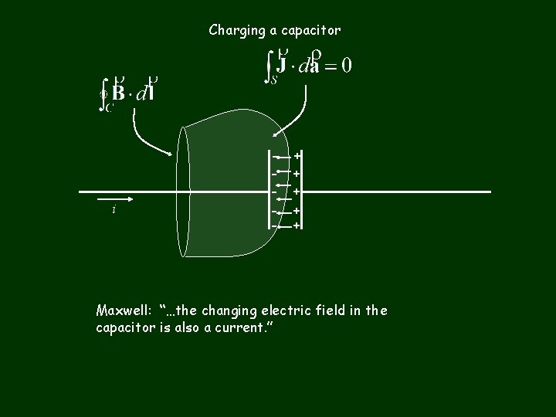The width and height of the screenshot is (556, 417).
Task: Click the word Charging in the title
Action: coord(233,31)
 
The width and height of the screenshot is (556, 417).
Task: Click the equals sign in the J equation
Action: coord(328,66)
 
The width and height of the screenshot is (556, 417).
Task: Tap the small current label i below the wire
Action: coord(114,210)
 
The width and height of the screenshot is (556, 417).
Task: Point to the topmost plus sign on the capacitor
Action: coord(297,156)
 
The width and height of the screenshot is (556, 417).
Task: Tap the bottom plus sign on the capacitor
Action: coord(297,225)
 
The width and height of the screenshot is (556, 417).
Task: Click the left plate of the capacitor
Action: coord(280,191)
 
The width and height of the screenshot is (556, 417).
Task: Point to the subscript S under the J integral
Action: coord(273,80)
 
